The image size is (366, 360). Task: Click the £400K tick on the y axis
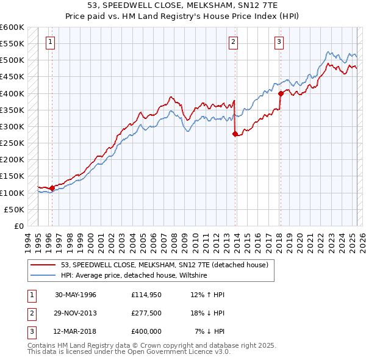click(12, 93)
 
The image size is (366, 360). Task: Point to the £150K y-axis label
click(12, 176)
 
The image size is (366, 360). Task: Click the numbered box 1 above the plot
click(49, 42)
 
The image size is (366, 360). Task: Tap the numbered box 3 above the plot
click(279, 42)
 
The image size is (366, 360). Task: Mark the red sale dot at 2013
click(235, 134)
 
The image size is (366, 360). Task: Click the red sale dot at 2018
click(281, 93)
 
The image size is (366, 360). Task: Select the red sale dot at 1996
click(52, 188)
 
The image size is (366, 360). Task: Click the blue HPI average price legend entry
click(134, 275)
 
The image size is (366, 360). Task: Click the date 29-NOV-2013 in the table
click(76, 312)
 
